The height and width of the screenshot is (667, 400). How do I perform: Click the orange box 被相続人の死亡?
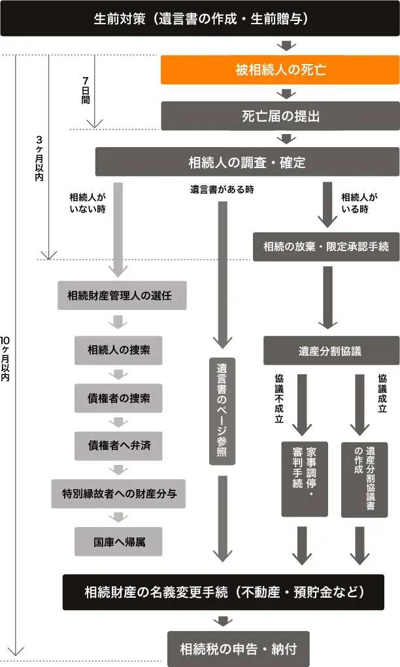coord(279,70)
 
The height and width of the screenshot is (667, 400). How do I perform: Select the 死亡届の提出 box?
coord(279,116)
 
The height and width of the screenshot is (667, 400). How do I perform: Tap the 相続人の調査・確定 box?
coord(246,162)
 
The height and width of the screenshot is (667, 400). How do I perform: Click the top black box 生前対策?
coord(200,18)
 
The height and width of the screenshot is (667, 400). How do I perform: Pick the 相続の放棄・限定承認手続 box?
coord(325,247)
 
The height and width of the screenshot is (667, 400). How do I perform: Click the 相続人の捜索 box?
coord(119,350)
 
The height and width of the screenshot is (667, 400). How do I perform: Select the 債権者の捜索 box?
coord(119,398)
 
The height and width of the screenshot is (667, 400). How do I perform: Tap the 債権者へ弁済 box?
coord(119,446)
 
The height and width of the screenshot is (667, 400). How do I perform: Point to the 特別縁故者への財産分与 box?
coord(119,494)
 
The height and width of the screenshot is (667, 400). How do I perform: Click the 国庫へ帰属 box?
coord(119,541)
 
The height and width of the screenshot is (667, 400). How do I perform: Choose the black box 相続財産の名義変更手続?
coord(223,592)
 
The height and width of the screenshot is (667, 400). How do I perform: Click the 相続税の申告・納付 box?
coord(238,649)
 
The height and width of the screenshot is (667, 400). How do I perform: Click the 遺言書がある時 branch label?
coord(222,190)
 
